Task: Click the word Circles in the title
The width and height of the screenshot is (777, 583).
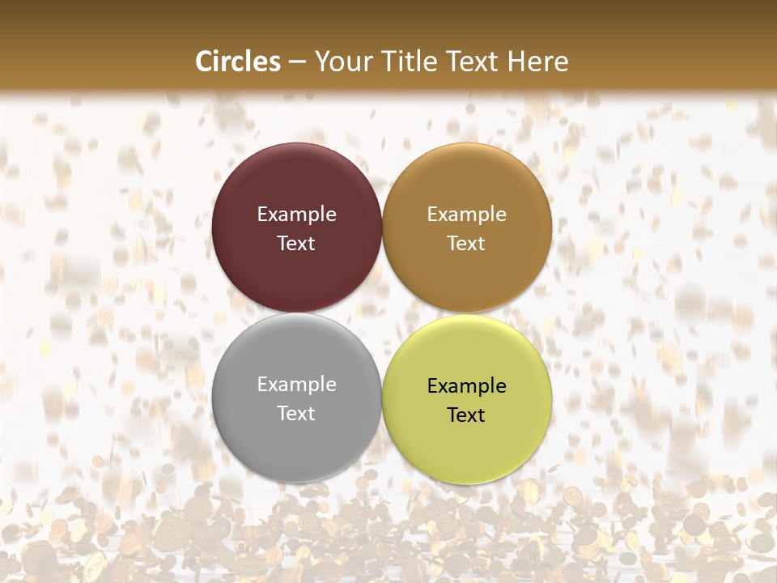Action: pos(238,62)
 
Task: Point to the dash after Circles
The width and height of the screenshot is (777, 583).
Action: pos(297,62)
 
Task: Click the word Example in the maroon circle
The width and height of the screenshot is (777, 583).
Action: pos(297,215)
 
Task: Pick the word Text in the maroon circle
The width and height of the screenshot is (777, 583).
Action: pos(297,244)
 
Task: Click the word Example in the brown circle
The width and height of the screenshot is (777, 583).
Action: pos(467,215)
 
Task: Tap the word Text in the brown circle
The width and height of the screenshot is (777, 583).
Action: pos(467,244)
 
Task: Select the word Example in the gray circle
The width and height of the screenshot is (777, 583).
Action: pos(297,385)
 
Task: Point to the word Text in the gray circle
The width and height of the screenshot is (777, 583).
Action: pos(297,414)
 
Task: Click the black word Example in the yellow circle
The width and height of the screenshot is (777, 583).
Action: pos(467,386)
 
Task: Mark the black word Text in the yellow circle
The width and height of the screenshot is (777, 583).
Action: pos(467,415)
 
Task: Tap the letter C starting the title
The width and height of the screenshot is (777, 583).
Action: pos(203,62)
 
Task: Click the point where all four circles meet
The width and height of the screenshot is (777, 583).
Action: pos(382,313)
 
